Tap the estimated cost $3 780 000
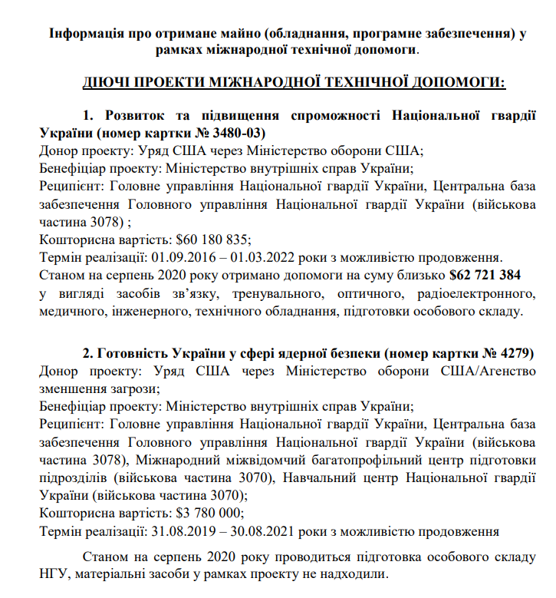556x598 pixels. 209,513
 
